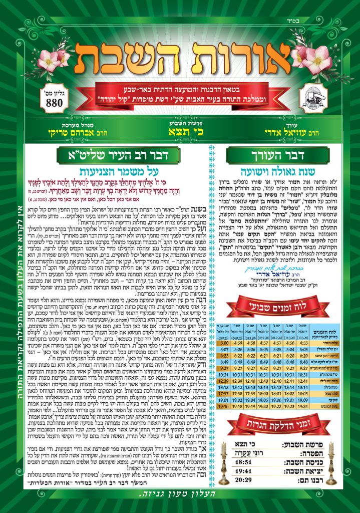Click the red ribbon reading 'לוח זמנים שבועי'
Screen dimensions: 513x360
277,307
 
